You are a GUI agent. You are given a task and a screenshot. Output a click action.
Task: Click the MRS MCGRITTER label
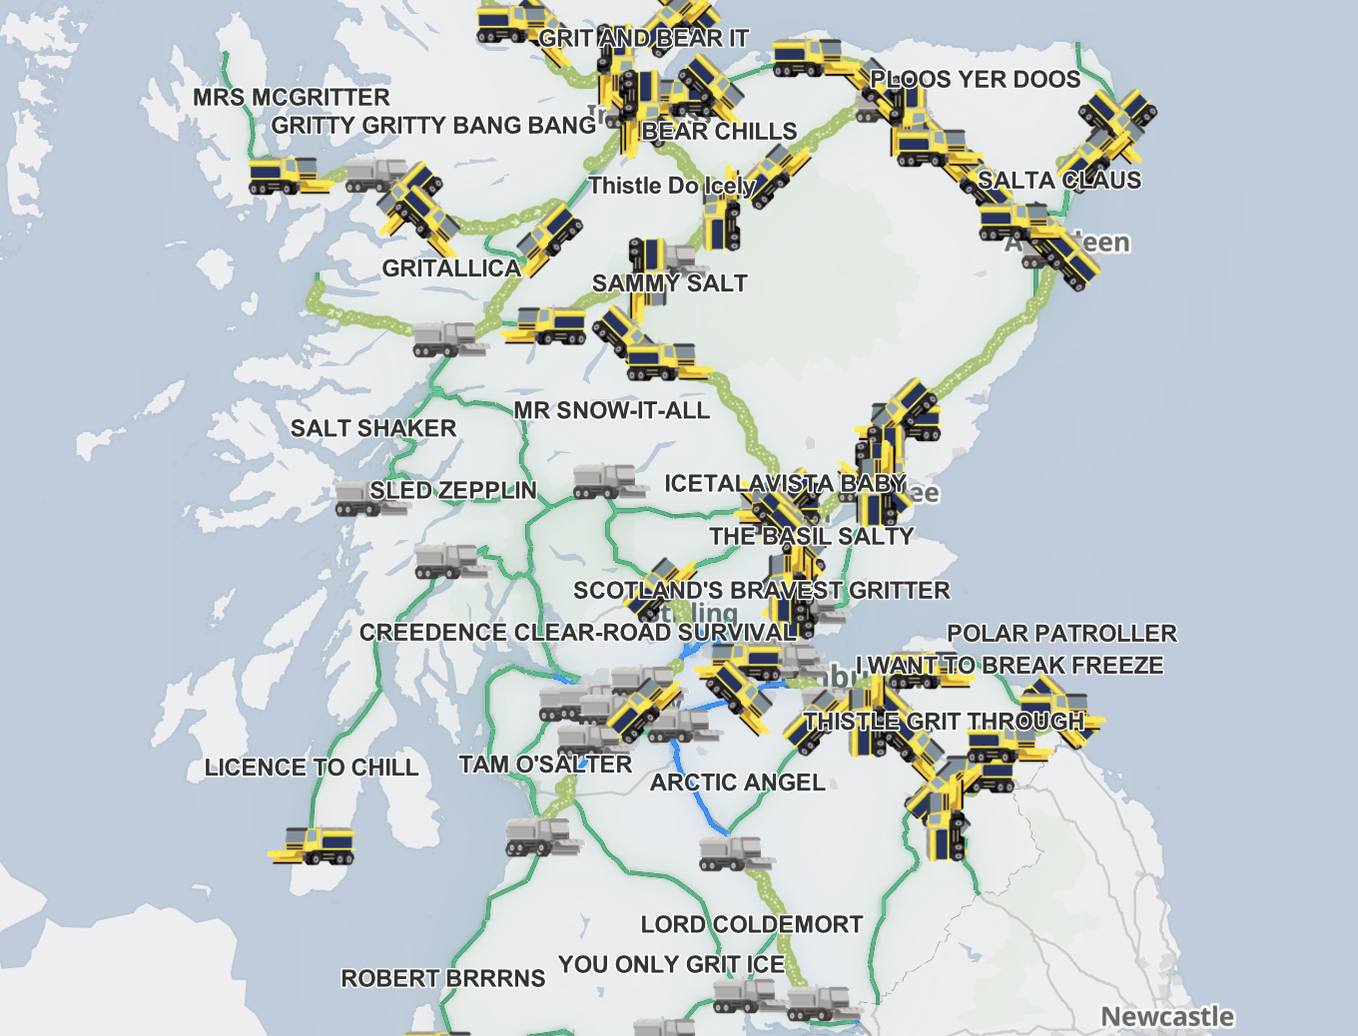click(x=292, y=98)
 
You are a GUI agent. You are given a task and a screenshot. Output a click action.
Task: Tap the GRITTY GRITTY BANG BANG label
click(x=433, y=126)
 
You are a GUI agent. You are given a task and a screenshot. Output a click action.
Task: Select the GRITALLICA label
click(x=451, y=268)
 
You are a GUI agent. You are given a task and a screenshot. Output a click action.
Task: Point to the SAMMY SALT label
click(x=669, y=283)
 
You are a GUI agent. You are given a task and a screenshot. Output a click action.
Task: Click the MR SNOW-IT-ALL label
click(x=611, y=410)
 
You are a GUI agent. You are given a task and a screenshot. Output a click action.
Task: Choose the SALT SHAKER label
click(x=373, y=428)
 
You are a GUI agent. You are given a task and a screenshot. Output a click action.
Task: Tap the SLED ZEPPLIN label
click(x=453, y=491)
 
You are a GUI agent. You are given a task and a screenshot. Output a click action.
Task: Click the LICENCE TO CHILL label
click(x=312, y=768)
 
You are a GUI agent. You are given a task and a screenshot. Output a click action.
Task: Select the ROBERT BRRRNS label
click(x=443, y=978)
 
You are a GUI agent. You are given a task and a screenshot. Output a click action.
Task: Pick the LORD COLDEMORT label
click(x=752, y=924)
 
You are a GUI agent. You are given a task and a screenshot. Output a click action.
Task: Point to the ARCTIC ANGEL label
click(x=738, y=782)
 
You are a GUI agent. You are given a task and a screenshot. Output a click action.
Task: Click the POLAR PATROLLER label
click(x=1061, y=634)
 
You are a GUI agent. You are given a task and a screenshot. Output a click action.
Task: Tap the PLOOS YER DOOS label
click(x=976, y=80)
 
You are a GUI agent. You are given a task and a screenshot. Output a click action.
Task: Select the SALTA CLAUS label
click(x=1059, y=181)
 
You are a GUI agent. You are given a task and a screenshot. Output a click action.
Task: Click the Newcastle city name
click(x=1167, y=1016)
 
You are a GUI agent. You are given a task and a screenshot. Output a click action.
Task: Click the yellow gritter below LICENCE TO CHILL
click(x=314, y=845)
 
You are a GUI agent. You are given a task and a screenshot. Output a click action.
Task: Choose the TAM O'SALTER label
click(x=545, y=765)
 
